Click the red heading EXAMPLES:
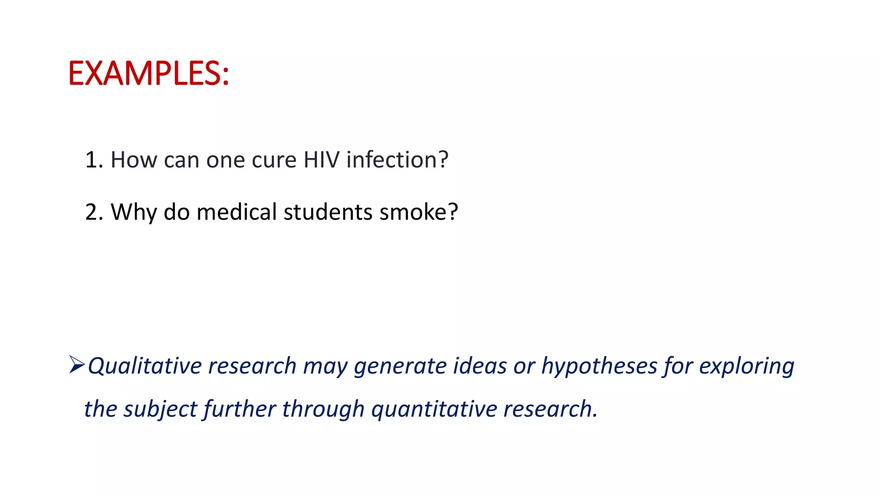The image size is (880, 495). [148, 73]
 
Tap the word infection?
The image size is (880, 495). [397, 160]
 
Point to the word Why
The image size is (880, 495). [134, 213]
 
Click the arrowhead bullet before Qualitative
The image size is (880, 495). [76, 365]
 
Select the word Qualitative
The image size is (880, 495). [145, 367]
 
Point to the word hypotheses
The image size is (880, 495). [599, 367]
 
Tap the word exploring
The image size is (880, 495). [746, 367]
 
